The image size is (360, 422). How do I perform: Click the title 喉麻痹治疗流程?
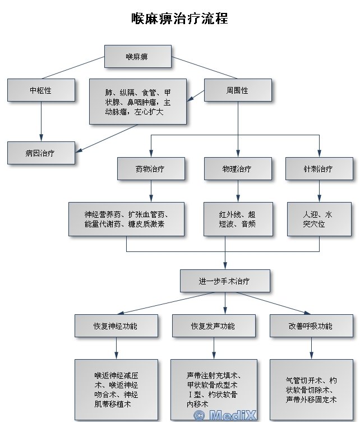179,19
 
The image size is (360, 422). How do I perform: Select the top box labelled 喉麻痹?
137,57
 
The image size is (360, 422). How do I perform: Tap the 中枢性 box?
41,90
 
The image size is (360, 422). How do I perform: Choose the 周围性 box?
238,90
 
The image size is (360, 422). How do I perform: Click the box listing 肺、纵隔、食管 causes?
138,102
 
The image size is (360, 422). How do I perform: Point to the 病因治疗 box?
41,153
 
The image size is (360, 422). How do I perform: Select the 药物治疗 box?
151,168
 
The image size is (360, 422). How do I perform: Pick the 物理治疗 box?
237,168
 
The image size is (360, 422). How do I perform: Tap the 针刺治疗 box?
319,168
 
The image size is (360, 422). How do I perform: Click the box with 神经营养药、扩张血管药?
126,219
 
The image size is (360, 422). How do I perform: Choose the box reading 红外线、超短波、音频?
237,219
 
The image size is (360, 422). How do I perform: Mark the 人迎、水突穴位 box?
319,219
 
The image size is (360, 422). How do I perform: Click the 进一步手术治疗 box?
225,281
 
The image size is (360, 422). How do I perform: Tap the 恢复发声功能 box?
213,326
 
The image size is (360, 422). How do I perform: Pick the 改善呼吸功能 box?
311,326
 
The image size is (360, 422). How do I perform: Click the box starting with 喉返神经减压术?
116,389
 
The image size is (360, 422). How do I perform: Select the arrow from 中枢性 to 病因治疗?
41,121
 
